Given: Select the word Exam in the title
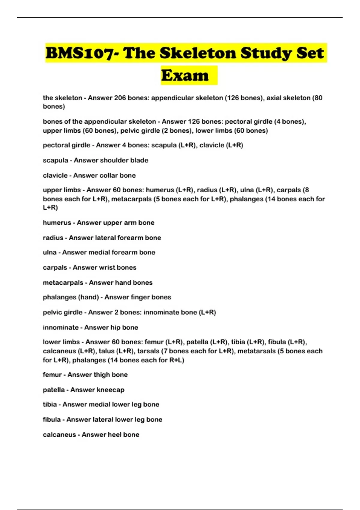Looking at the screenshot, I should pos(185,75).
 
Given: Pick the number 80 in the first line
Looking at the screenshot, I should pos(318,98).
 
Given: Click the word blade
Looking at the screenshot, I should pos(139,160).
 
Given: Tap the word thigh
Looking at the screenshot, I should pos(102,375).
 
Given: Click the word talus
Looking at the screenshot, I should pos(106,351).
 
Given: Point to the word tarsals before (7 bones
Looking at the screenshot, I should pos(148,351).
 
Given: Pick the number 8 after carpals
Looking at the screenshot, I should pos(307,190).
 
